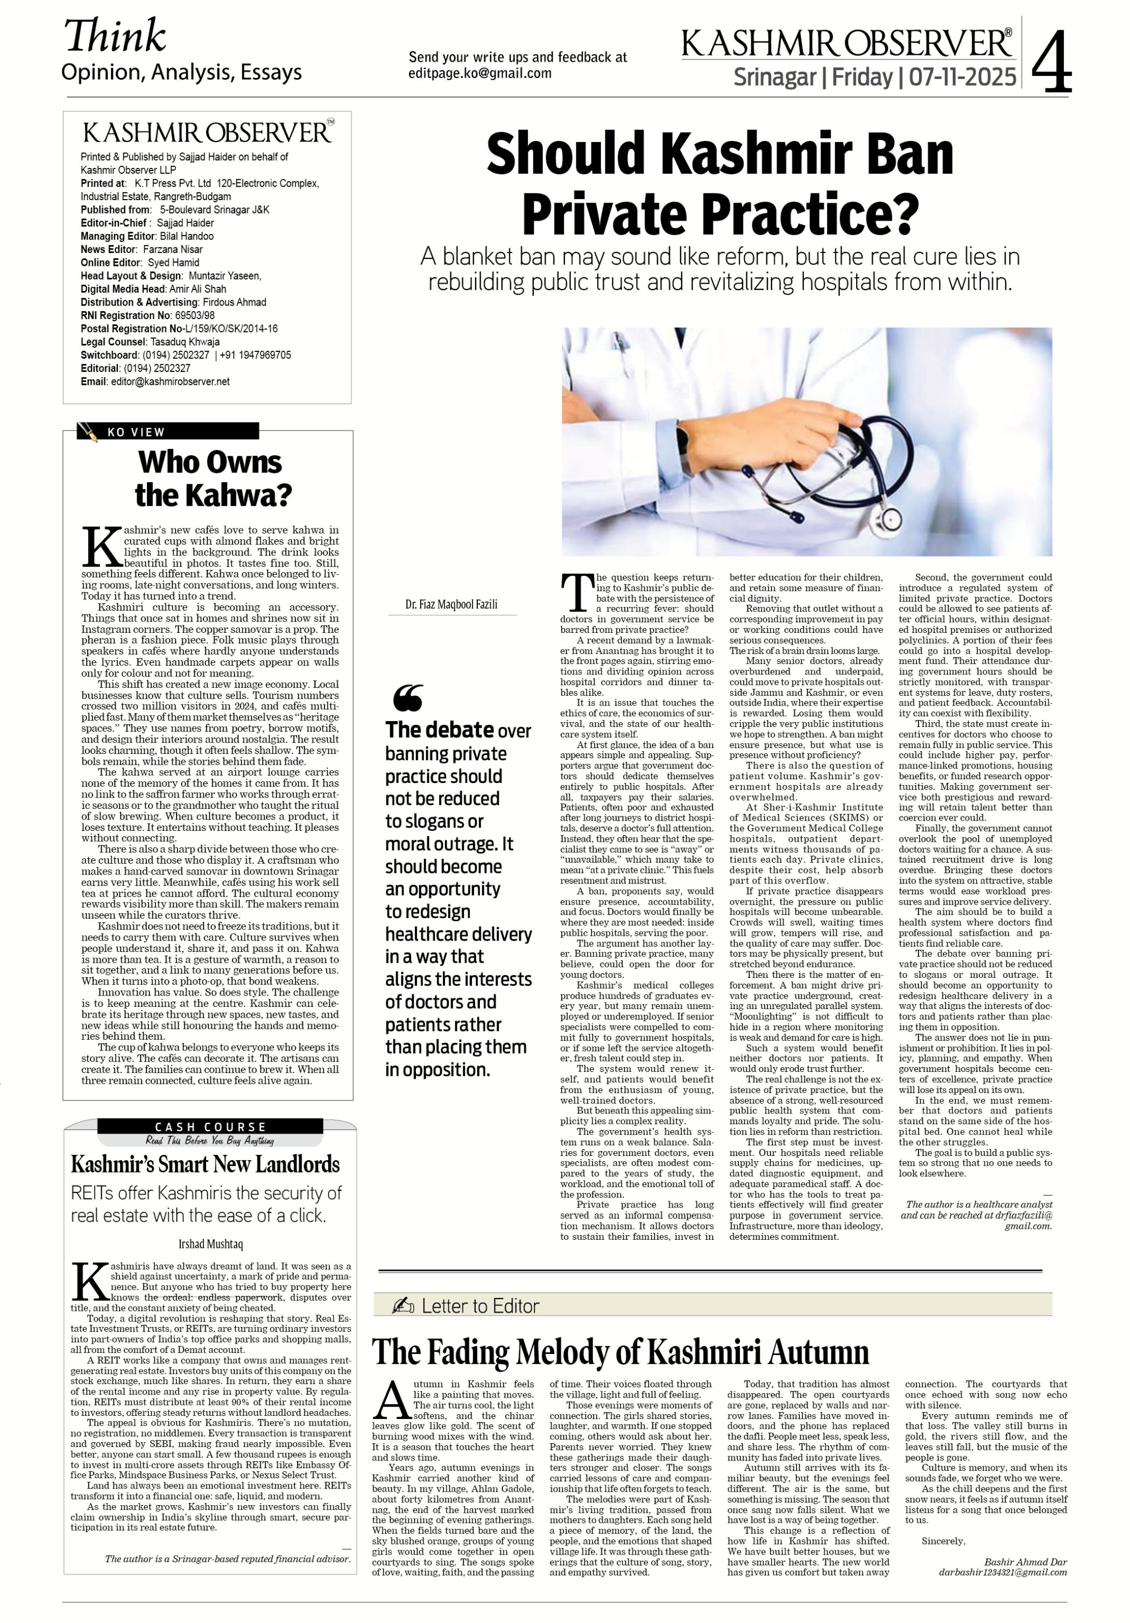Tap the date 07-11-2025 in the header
(x=963, y=76)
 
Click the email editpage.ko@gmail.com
(x=480, y=74)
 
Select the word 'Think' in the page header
(x=115, y=36)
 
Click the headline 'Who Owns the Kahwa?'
(x=210, y=478)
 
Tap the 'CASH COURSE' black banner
(x=210, y=1127)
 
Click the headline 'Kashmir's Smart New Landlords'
(x=206, y=1164)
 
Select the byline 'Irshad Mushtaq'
(x=210, y=1244)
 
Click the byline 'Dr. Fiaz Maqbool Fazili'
(x=451, y=604)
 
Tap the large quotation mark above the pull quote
(x=408, y=698)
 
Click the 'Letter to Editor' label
(x=480, y=1307)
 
